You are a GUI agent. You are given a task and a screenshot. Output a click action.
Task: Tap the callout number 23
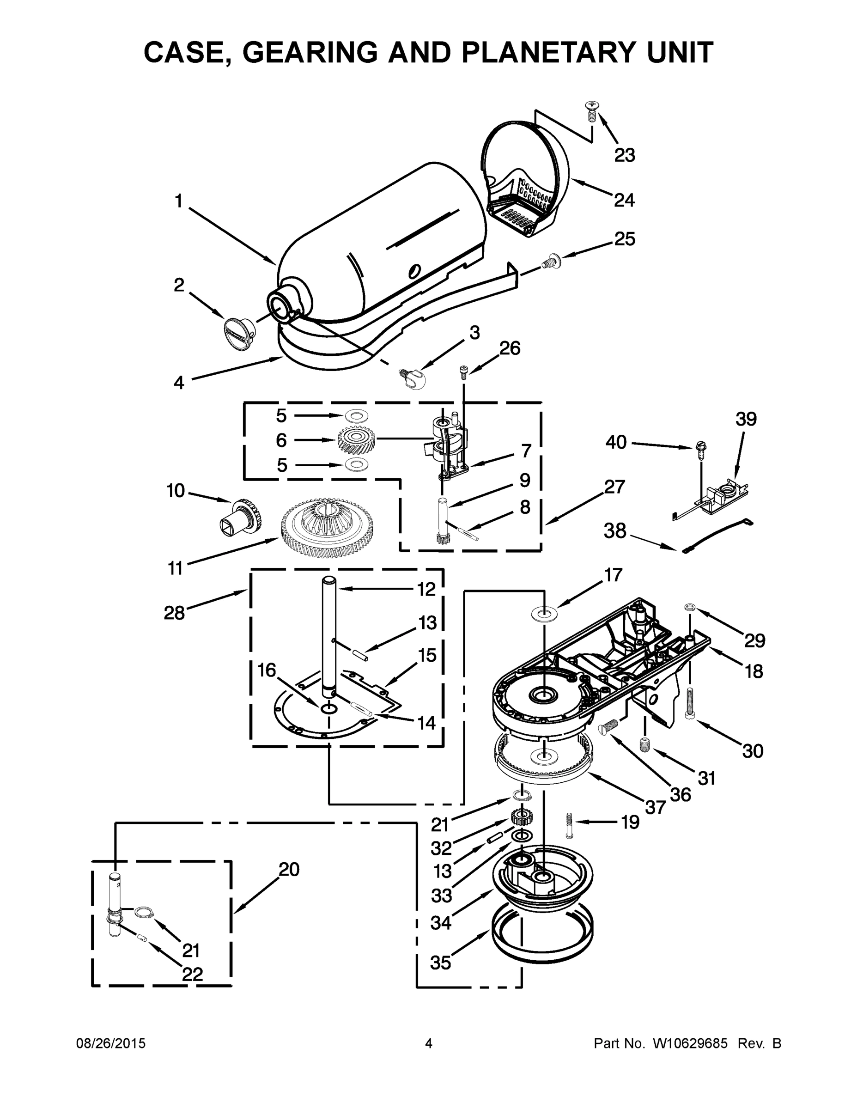tap(624, 155)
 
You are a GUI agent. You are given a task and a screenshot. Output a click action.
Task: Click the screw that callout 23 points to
tap(591, 111)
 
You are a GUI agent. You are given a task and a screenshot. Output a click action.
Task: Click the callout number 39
tap(746, 419)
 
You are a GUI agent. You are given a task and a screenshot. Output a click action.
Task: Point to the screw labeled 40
tap(701, 450)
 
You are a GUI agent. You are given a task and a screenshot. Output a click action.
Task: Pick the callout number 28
tap(174, 613)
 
